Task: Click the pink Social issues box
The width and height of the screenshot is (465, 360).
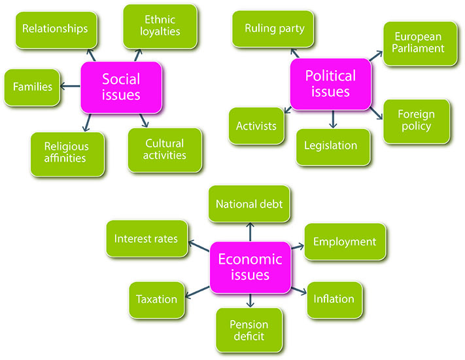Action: [x=120, y=87]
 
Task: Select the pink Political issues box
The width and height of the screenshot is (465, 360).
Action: [x=330, y=83]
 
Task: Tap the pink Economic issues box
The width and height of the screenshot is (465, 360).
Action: [x=249, y=267]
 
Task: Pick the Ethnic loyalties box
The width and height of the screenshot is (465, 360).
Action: [x=160, y=26]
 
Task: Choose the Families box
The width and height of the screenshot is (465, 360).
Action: [x=32, y=86]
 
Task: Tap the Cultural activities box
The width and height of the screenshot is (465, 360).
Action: [x=165, y=150]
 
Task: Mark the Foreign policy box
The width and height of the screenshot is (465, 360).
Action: [x=415, y=120]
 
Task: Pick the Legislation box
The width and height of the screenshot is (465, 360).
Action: [x=333, y=145]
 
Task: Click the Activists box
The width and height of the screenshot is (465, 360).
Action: [x=256, y=126]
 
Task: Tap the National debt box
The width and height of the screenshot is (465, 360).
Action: [x=249, y=204]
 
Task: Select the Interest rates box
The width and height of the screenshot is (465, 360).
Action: [x=146, y=239]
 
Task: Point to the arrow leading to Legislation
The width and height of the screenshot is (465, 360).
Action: [x=333, y=118]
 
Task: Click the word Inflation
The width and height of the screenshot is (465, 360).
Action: [x=334, y=299]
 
